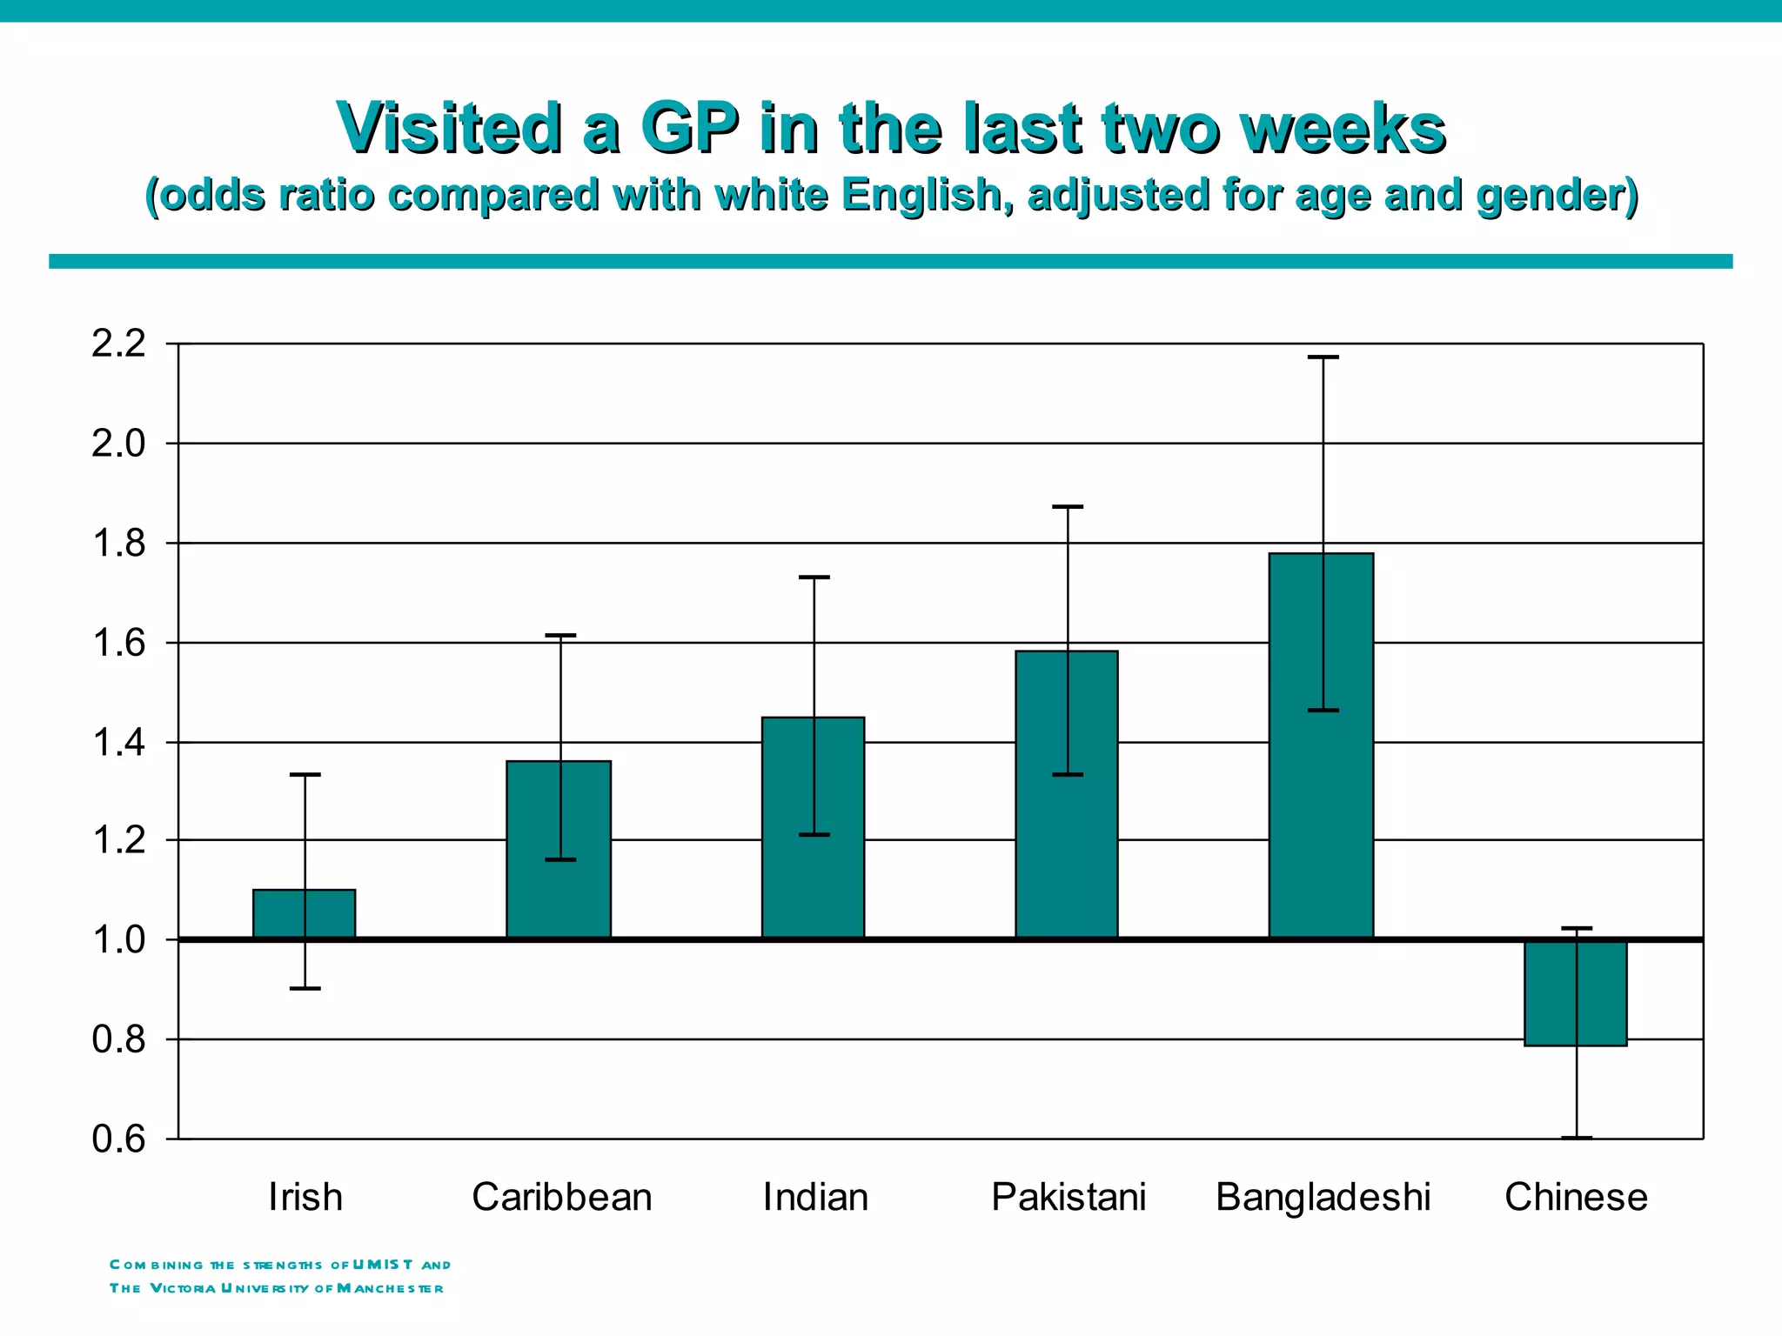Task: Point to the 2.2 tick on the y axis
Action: point(118,344)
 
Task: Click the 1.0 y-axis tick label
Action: point(118,940)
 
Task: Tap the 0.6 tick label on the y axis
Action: point(118,1139)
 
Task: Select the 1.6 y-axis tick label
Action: point(118,644)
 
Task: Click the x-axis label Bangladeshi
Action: point(1323,1198)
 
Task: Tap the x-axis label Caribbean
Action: point(561,1198)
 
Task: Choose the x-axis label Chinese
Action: point(1576,1198)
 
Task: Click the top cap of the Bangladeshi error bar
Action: point(1323,357)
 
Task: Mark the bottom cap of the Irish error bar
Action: point(305,988)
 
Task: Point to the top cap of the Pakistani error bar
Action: point(1069,506)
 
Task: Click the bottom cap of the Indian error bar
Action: point(814,835)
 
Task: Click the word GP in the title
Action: point(689,129)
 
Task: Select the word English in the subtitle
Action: point(925,195)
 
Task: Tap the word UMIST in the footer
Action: point(383,1265)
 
